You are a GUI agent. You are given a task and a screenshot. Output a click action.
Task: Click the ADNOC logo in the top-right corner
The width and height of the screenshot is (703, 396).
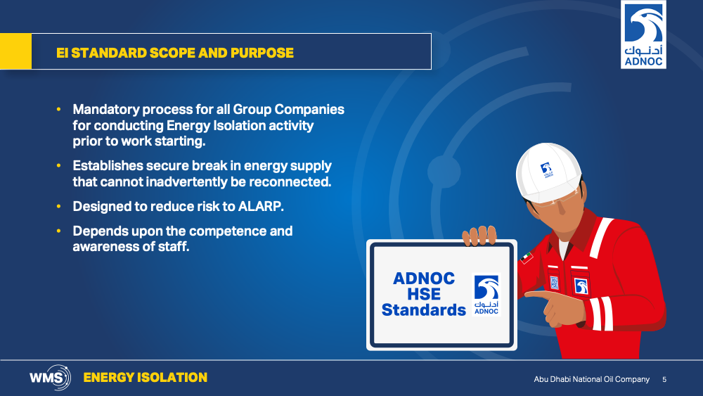click(643, 34)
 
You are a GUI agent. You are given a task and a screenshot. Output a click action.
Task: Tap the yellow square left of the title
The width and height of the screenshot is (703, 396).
click(15, 51)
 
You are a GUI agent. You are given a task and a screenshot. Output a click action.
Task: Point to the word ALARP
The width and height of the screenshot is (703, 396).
click(261, 206)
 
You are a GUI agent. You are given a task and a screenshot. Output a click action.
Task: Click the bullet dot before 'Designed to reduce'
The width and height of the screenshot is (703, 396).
click(59, 206)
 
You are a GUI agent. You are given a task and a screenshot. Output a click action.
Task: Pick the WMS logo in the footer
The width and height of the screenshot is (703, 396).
click(50, 378)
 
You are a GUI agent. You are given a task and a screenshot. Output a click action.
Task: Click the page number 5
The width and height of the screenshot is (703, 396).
click(664, 379)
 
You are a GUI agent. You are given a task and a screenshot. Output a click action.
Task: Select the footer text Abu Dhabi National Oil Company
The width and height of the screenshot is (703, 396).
click(591, 379)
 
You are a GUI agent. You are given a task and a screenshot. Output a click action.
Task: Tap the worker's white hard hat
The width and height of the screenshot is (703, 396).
click(548, 172)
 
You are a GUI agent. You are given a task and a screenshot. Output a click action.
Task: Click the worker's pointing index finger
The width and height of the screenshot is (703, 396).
click(539, 295)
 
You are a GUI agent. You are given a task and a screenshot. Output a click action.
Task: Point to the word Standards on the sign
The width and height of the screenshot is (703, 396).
click(424, 310)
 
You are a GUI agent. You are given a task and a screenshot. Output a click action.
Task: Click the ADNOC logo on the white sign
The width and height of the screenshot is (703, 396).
click(486, 295)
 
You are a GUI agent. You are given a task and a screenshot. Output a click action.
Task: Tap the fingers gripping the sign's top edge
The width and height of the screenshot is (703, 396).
click(479, 236)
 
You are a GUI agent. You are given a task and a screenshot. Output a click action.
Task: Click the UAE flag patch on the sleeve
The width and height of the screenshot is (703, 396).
click(527, 257)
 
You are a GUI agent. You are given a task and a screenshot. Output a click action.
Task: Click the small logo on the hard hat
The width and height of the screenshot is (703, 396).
click(546, 170)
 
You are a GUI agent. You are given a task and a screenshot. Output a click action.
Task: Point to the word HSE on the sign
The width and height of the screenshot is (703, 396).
click(424, 294)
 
